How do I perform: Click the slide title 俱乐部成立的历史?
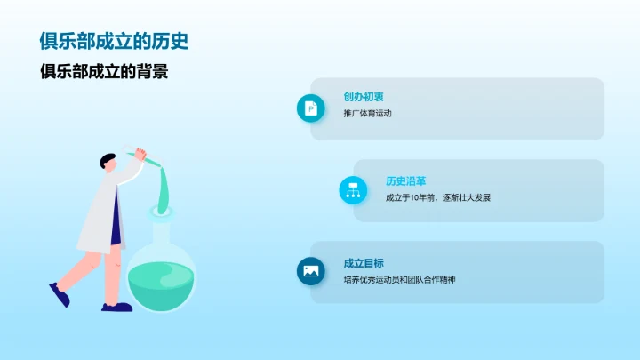click(x=114, y=42)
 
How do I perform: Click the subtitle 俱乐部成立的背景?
click(x=104, y=72)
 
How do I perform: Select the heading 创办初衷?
click(x=363, y=97)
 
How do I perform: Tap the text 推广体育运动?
click(x=367, y=114)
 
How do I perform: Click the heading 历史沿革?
click(x=405, y=180)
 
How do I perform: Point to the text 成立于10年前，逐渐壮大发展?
click(x=437, y=197)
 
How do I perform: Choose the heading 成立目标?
click(x=363, y=263)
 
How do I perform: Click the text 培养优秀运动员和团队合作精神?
click(x=399, y=280)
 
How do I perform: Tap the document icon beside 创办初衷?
click(x=310, y=108)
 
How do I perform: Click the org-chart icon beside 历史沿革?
click(x=353, y=189)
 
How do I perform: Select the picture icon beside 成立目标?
click(x=310, y=271)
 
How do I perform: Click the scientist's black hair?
click(x=108, y=160)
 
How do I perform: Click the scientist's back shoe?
click(x=60, y=294)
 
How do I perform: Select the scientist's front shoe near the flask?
click(x=116, y=307)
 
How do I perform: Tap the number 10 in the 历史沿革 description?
click(x=416, y=197)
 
